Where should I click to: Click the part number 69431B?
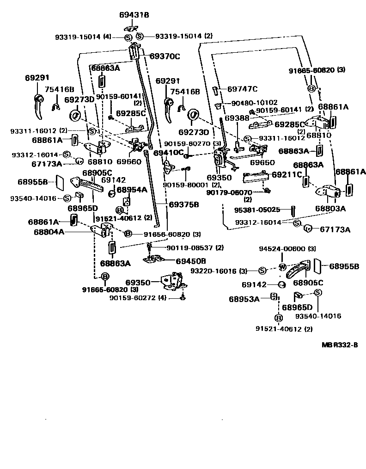click(x=134, y=15)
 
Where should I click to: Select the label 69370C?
click(x=165, y=56)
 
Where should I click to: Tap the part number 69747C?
click(x=243, y=89)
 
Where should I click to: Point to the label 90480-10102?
click(x=254, y=102)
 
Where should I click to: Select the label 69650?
click(x=262, y=162)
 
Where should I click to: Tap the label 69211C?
click(x=287, y=174)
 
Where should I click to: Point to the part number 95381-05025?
click(x=257, y=210)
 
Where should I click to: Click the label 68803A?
click(x=331, y=208)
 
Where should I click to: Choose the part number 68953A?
click(x=244, y=299)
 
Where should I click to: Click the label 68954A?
click(x=132, y=190)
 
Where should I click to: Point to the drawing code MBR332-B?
click(x=340, y=345)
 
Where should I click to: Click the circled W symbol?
click(x=281, y=266)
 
